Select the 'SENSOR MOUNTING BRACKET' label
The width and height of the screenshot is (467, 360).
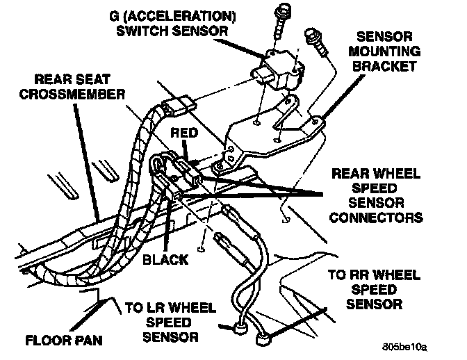pos(386,51)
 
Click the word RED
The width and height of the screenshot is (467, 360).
pos(188,132)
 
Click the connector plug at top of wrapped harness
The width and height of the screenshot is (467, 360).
pos(181,109)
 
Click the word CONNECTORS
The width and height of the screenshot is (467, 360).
pos(379,218)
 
